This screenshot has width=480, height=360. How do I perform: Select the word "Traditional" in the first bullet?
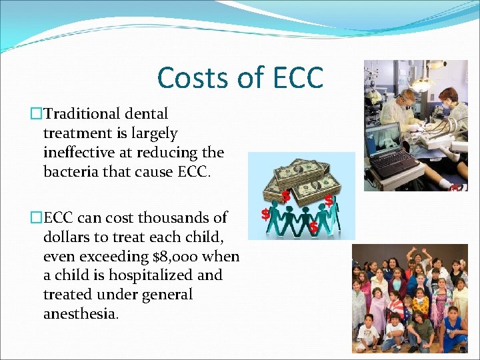click(x=89, y=114)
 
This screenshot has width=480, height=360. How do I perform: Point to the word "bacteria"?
click(x=71, y=172)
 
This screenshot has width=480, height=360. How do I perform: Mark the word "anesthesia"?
click(x=81, y=314)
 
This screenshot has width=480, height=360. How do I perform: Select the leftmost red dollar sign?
click(x=265, y=215)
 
